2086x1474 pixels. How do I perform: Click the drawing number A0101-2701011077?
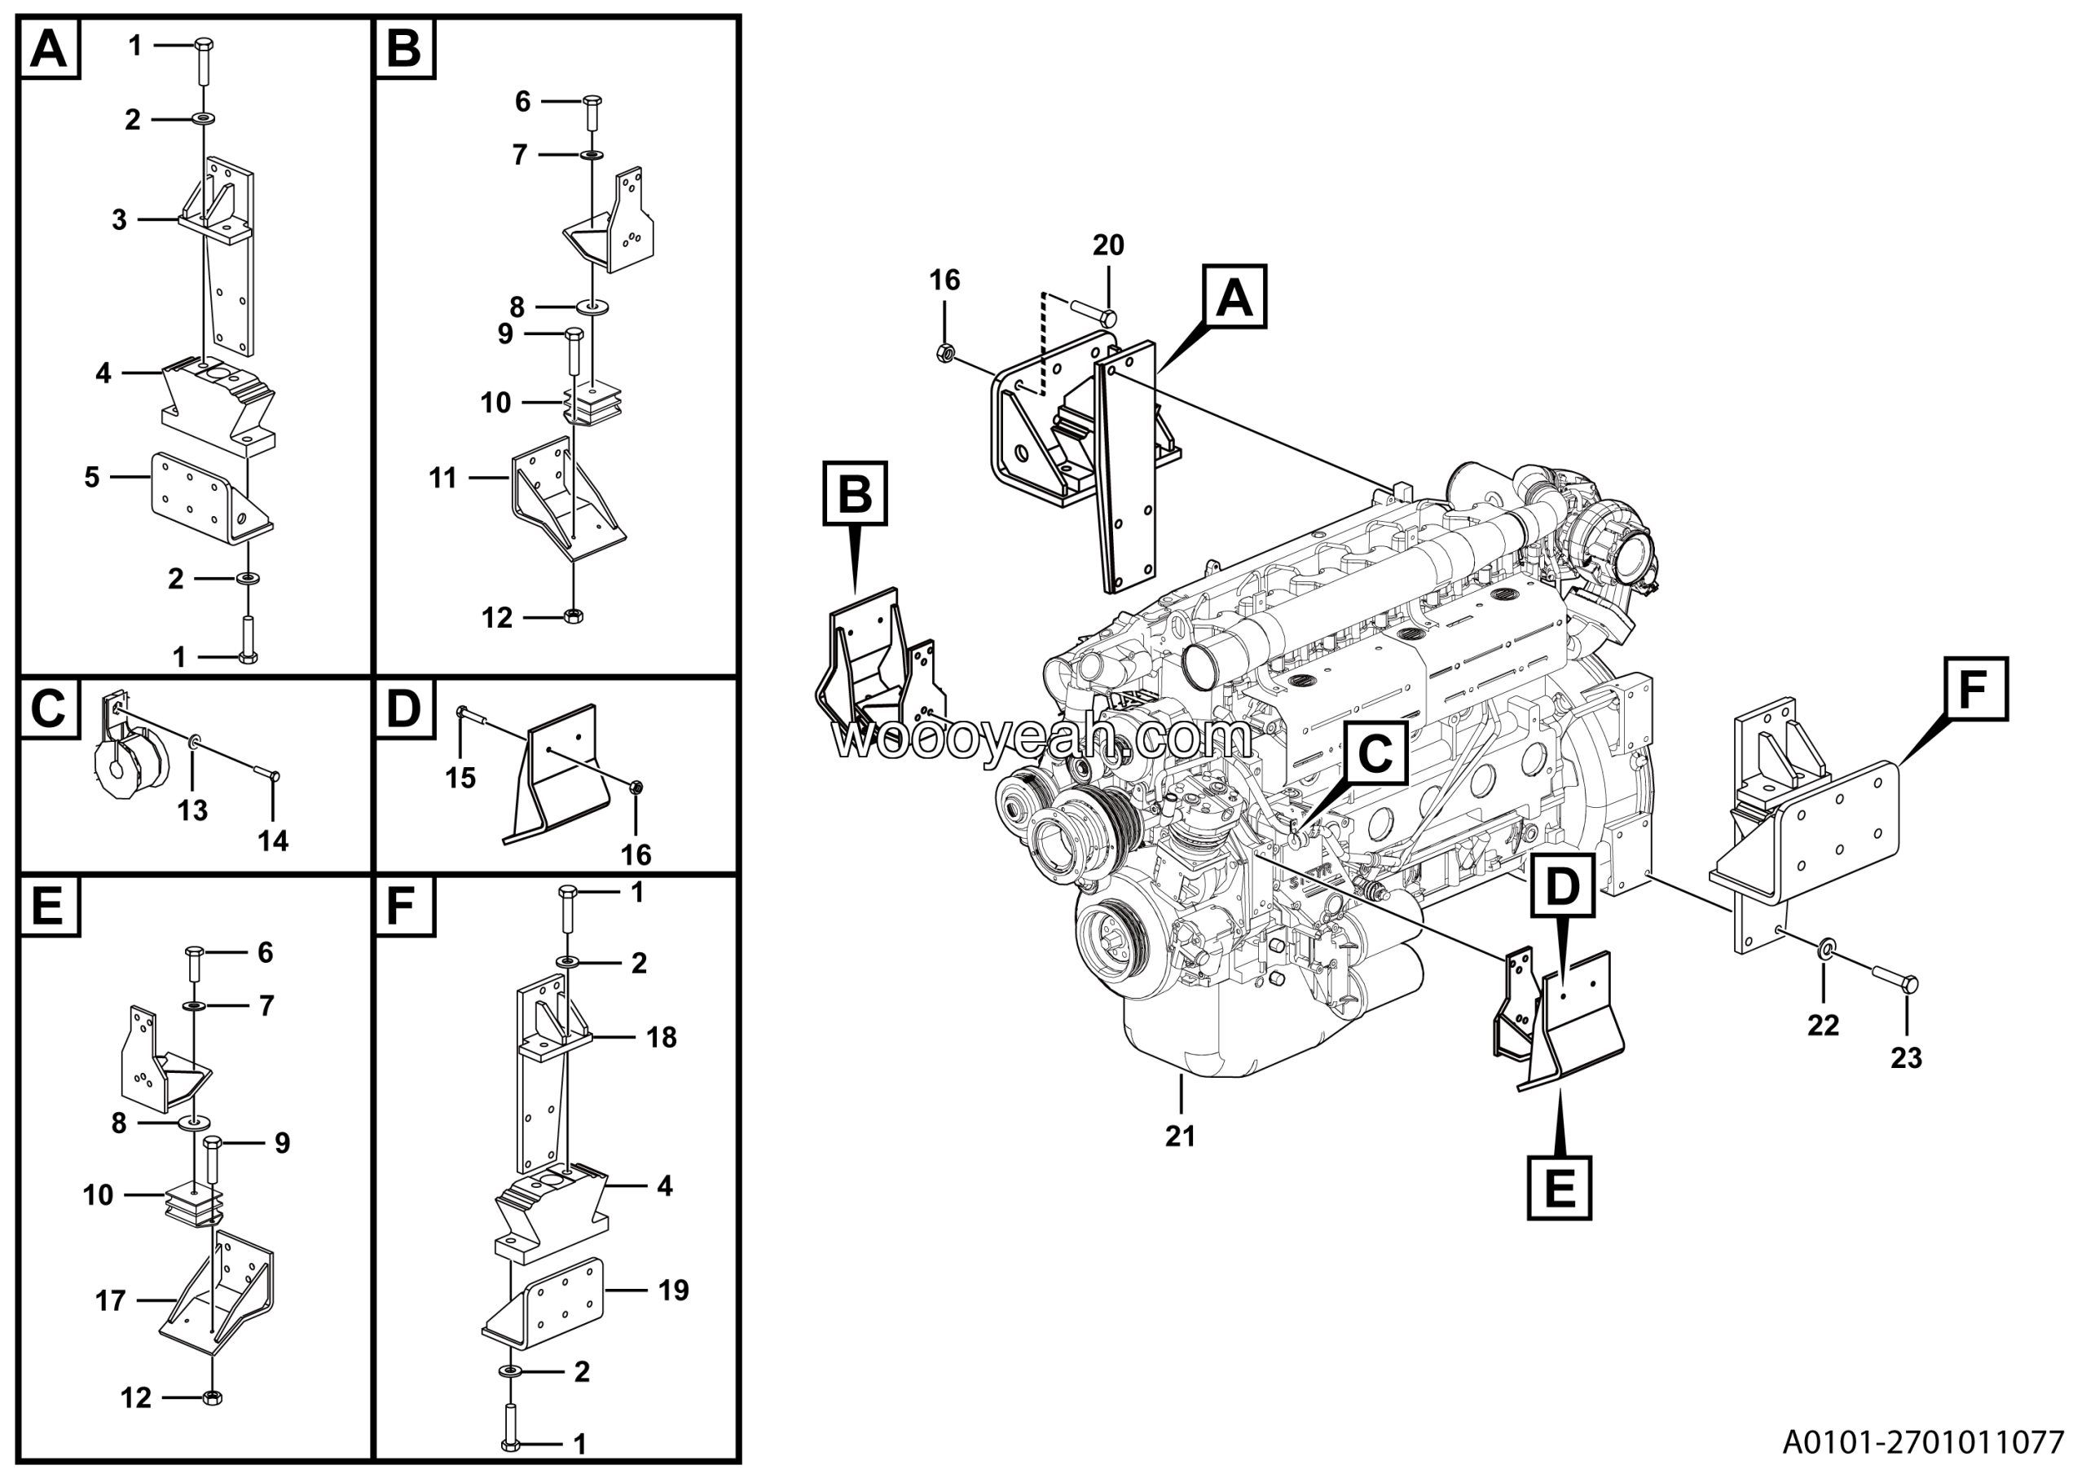[1923, 1442]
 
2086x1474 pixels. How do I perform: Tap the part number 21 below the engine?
[1180, 1136]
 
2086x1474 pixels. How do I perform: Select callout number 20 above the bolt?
[1108, 245]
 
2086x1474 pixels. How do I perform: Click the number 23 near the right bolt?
[1906, 1057]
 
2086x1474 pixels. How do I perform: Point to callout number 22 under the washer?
[1824, 1025]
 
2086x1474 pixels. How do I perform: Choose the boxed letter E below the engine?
[1559, 1188]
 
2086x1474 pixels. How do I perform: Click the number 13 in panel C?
[192, 810]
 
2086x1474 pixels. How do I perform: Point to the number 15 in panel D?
[460, 778]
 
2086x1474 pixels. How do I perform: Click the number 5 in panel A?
[92, 477]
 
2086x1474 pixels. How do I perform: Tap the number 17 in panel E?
[110, 1300]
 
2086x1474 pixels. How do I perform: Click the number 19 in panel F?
[673, 1290]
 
